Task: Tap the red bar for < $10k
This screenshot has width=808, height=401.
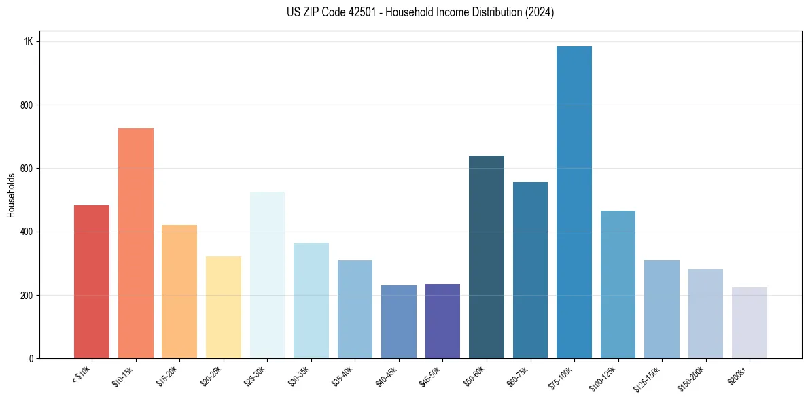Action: tap(92, 281)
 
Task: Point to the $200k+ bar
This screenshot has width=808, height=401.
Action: tap(749, 323)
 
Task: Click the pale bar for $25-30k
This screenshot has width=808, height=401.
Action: tap(267, 275)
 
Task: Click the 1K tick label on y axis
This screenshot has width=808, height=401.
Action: tap(28, 41)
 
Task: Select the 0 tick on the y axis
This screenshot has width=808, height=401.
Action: tap(31, 358)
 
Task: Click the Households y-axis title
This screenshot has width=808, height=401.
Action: tap(12, 195)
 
